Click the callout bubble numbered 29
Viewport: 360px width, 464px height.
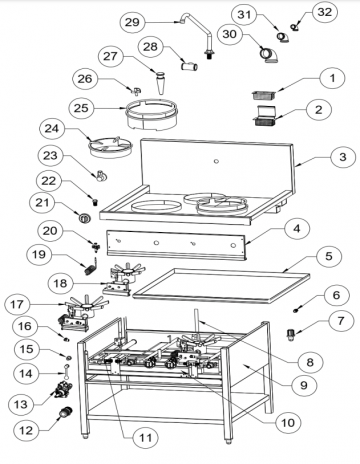pos(132,22)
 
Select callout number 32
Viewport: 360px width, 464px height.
pos(325,12)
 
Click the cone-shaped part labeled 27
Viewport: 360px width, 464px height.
pos(161,82)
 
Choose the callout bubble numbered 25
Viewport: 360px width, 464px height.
pos(81,108)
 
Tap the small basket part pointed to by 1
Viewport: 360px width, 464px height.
pos(264,95)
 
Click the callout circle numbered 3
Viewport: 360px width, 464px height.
pos(343,157)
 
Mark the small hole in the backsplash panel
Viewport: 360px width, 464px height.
pos(216,162)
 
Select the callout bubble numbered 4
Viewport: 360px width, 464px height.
pos(297,229)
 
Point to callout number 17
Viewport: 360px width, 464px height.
pos(17,304)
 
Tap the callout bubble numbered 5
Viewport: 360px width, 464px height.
pos(329,256)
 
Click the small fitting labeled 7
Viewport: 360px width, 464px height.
pos(291,334)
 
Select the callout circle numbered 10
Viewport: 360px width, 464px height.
pos(288,423)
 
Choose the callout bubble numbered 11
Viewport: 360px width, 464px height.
pos(145,438)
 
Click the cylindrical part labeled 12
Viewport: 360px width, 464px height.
pos(66,412)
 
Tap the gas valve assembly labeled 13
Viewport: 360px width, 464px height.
pos(62,389)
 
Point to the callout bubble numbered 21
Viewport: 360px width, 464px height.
pos(42,202)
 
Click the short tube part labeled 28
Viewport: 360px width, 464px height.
pos(189,67)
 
